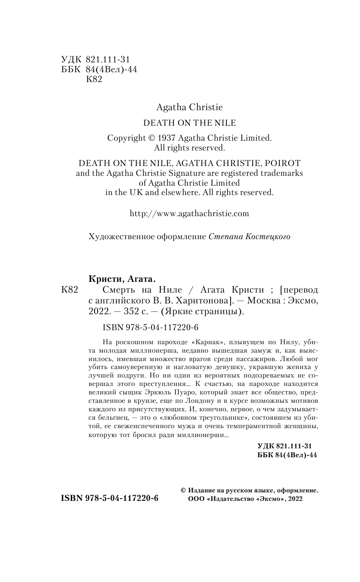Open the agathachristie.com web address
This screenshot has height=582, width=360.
point(189,213)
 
